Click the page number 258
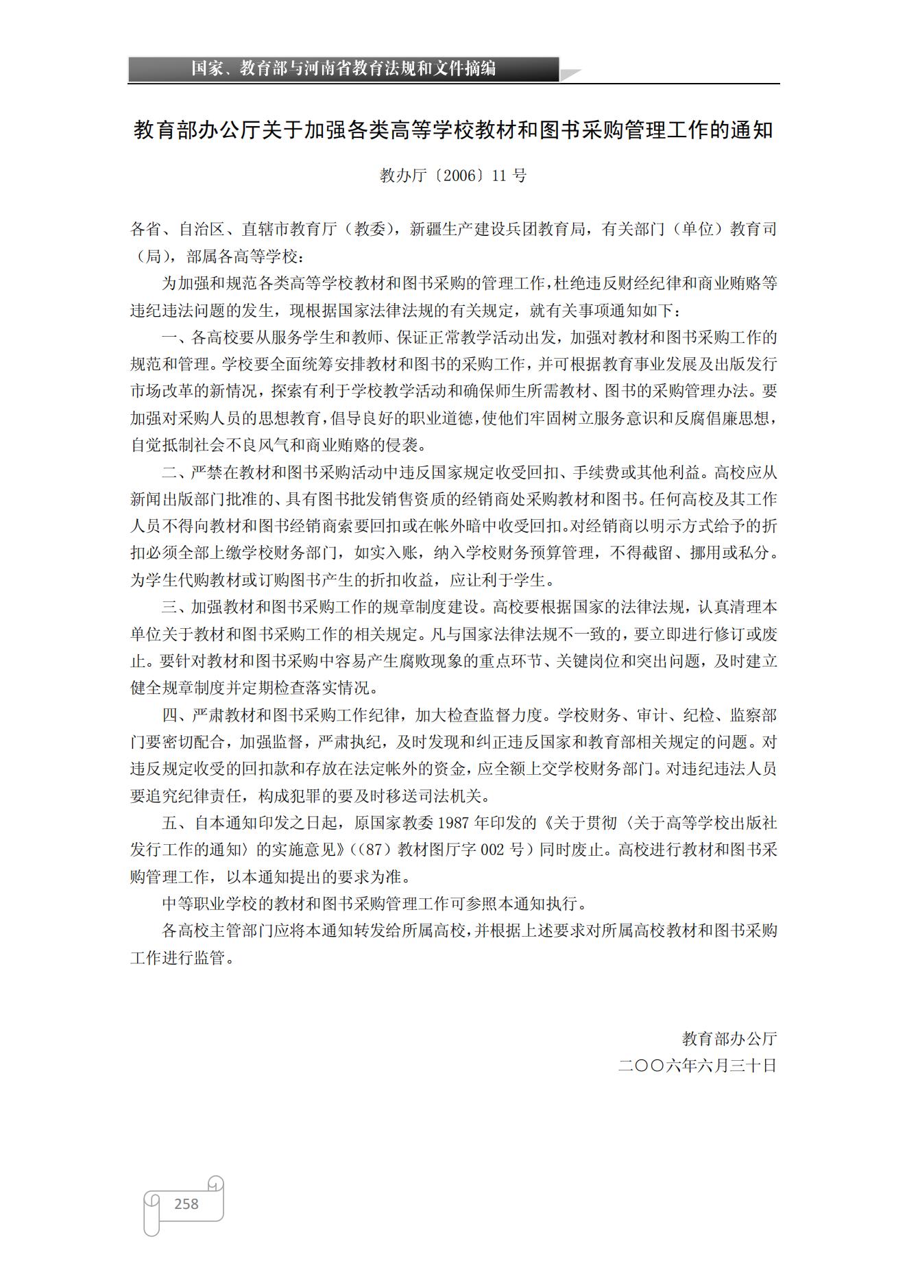coord(186,1203)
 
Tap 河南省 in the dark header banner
coord(326,69)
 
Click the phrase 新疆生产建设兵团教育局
coord(498,229)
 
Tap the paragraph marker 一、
coord(176,337)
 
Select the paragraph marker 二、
coord(176,472)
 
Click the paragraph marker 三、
coord(176,608)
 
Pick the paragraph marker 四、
coord(176,715)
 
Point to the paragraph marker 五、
coord(176,823)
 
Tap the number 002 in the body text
coord(492,850)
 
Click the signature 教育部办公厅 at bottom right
coord(729,1039)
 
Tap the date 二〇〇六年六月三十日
coord(697,1066)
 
